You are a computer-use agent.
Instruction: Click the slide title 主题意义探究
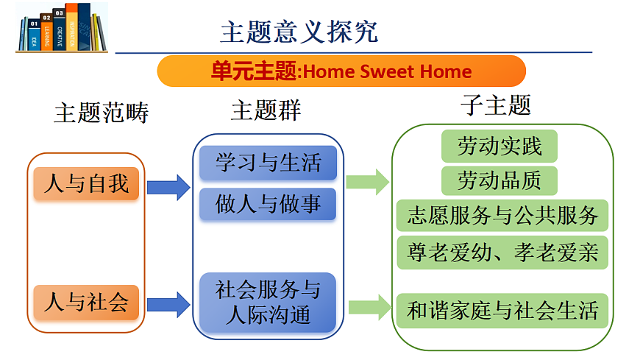(x=299, y=32)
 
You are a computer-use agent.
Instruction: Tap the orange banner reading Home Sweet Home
(x=341, y=71)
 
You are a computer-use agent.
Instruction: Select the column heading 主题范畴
(x=101, y=113)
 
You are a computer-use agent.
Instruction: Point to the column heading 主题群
(x=266, y=111)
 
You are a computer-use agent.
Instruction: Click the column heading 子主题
(x=495, y=105)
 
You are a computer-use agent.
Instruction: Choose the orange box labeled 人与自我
(x=86, y=183)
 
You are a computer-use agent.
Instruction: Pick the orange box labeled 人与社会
(x=86, y=302)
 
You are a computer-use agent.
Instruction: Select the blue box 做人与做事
(x=267, y=204)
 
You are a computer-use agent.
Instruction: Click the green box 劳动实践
(x=499, y=146)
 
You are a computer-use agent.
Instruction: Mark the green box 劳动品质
(x=499, y=180)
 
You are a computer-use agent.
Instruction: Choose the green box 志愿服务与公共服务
(x=502, y=216)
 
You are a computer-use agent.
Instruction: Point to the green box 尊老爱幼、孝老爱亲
(x=502, y=253)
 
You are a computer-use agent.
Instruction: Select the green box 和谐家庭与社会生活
(x=502, y=311)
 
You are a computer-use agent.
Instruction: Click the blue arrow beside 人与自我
(x=168, y=187)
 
